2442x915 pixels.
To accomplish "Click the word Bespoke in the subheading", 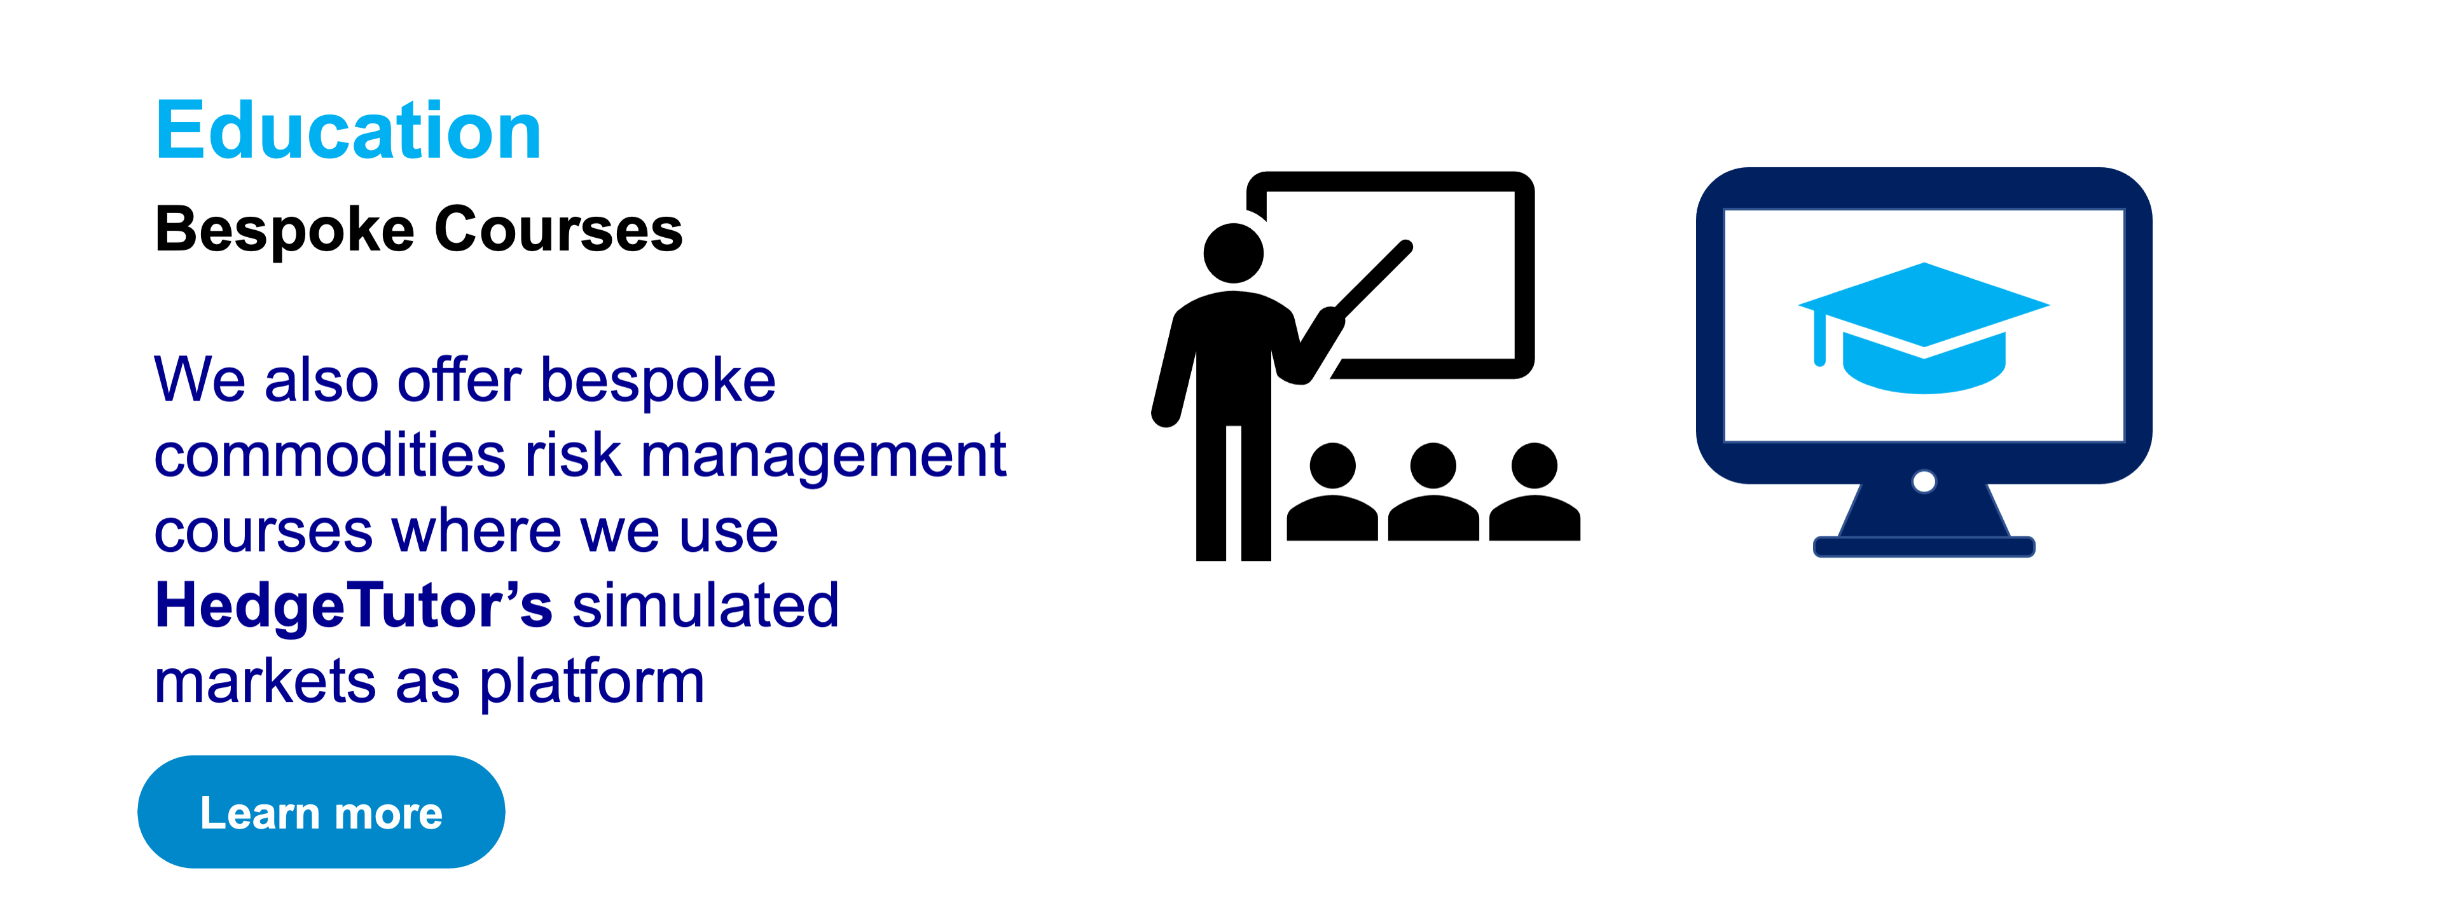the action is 284,230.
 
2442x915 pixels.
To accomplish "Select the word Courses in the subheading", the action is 558,230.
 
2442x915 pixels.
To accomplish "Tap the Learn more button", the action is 321,811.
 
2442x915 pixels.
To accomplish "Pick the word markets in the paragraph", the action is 265,681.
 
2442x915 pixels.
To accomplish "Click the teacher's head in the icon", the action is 1233,253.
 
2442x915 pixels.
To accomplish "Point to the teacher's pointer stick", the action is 1372,279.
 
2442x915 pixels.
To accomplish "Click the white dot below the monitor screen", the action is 1924,482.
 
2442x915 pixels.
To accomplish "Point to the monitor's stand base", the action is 1924,546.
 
